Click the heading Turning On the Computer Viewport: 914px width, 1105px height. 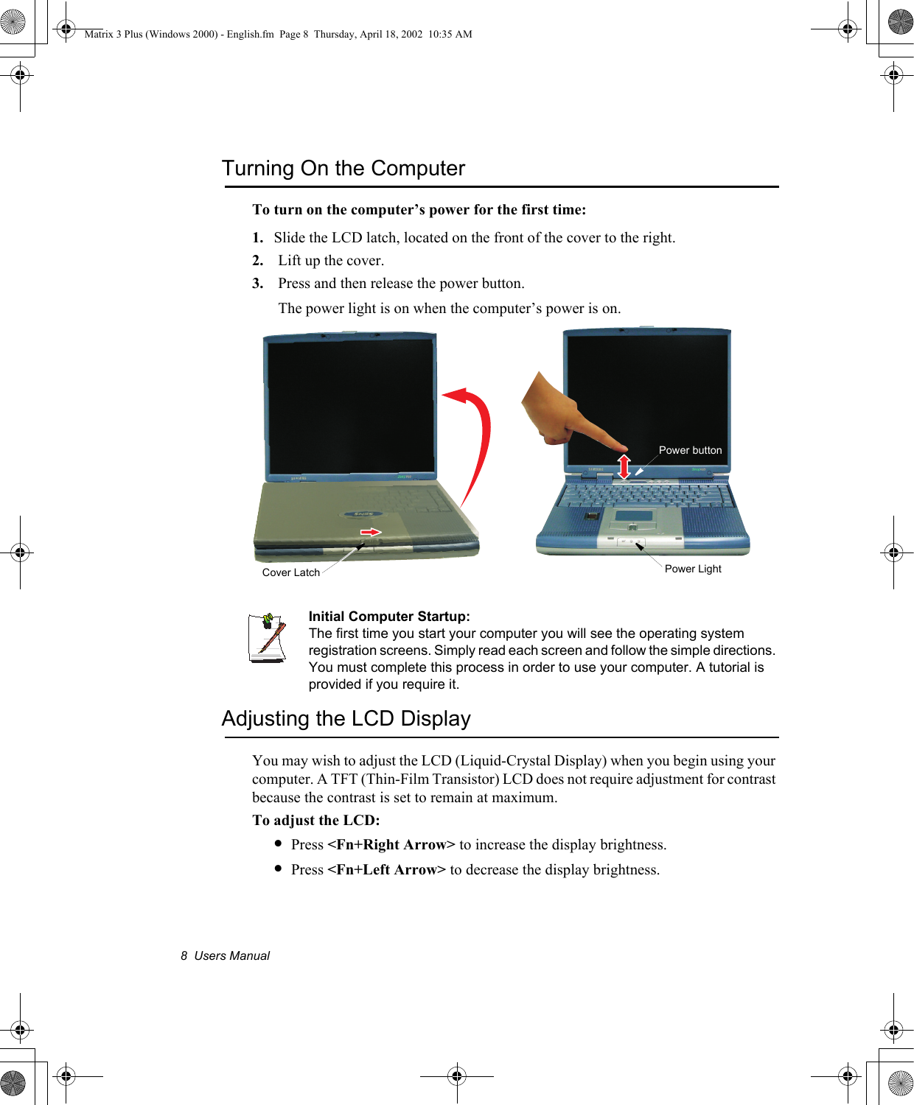click(343, 169)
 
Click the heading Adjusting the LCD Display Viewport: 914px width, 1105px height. click(346, 718)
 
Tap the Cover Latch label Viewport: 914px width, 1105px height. click(290, 572)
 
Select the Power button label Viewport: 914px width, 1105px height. click(690, 450)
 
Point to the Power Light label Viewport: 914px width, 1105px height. click(693, 569)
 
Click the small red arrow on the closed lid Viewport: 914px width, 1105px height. click(370, 532)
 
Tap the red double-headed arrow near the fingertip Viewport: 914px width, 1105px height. click(624, 466)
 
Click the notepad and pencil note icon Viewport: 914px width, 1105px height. click(267, 637)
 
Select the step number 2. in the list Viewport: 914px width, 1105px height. click(257, 261)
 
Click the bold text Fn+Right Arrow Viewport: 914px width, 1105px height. click(391, 845)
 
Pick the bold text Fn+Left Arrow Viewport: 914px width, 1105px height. click(386, 870)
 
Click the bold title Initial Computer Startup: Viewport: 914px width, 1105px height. click(389, 617)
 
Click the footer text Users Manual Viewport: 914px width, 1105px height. click(231, 956)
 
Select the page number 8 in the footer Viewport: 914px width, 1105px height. click(184, 956)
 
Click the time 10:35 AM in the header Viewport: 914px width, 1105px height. click(450, 34)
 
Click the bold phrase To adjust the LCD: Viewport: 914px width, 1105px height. click(315, 821)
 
